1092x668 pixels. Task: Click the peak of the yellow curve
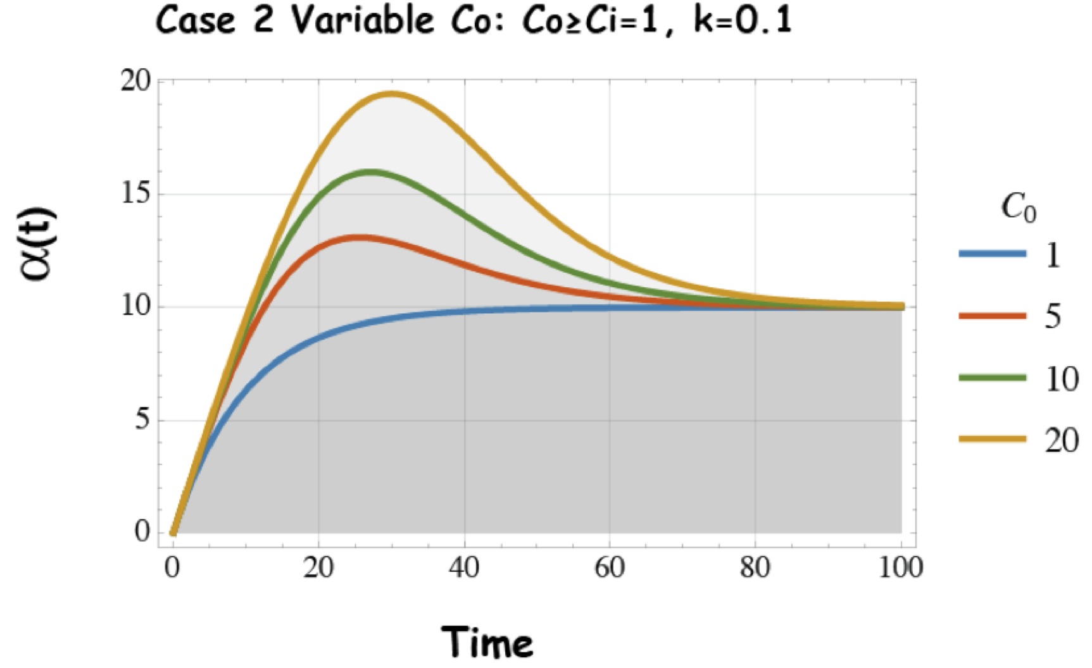click(x=392, y=94)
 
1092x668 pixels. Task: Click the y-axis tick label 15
click(x=135, y=194)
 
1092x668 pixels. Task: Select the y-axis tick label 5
click(x=142, y=420)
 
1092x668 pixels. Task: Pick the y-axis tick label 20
click(x=135, y=82)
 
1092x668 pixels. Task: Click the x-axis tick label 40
click(x=464, y=567)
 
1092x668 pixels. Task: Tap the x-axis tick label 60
click(x=610, y=567)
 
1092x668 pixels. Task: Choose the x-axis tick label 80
click(x=755, y=567)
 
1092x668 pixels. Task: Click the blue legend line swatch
click(x=992, y=254)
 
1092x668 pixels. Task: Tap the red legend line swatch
click(x=992, y=316)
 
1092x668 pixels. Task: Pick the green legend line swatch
click(x=992, y=378)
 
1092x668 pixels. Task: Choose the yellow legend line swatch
click(x=992, y=439)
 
